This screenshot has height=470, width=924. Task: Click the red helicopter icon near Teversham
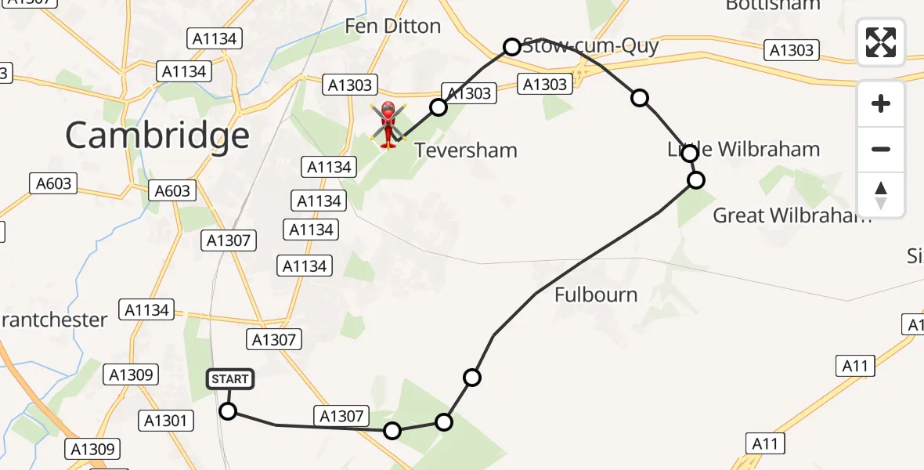[x=388, y=125]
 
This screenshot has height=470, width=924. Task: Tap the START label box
[x=229, y=379]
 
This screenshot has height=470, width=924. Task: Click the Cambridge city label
[x=157, y=136]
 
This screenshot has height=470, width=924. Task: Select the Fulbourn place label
[x=596, y=295]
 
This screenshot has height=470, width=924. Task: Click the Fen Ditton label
[x=392, y=26]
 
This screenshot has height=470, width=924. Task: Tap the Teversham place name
[x=465, y=150]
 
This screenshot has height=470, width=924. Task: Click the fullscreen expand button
[x=881, y=42]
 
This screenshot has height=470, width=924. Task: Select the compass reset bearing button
[x=881, y=195]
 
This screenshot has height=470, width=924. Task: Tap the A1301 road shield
[x=166, y=421]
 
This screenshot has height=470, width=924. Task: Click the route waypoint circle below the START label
[x=228, y=411]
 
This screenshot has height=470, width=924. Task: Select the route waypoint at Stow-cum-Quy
[x=511, y=47]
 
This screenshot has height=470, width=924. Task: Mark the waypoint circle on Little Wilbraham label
[x=689, y=154]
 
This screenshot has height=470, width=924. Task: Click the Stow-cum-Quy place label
[x=590, y=45]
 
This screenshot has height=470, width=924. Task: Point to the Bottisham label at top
[x=772, y=5]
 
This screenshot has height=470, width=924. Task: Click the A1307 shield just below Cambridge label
[x=229, y=240]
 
